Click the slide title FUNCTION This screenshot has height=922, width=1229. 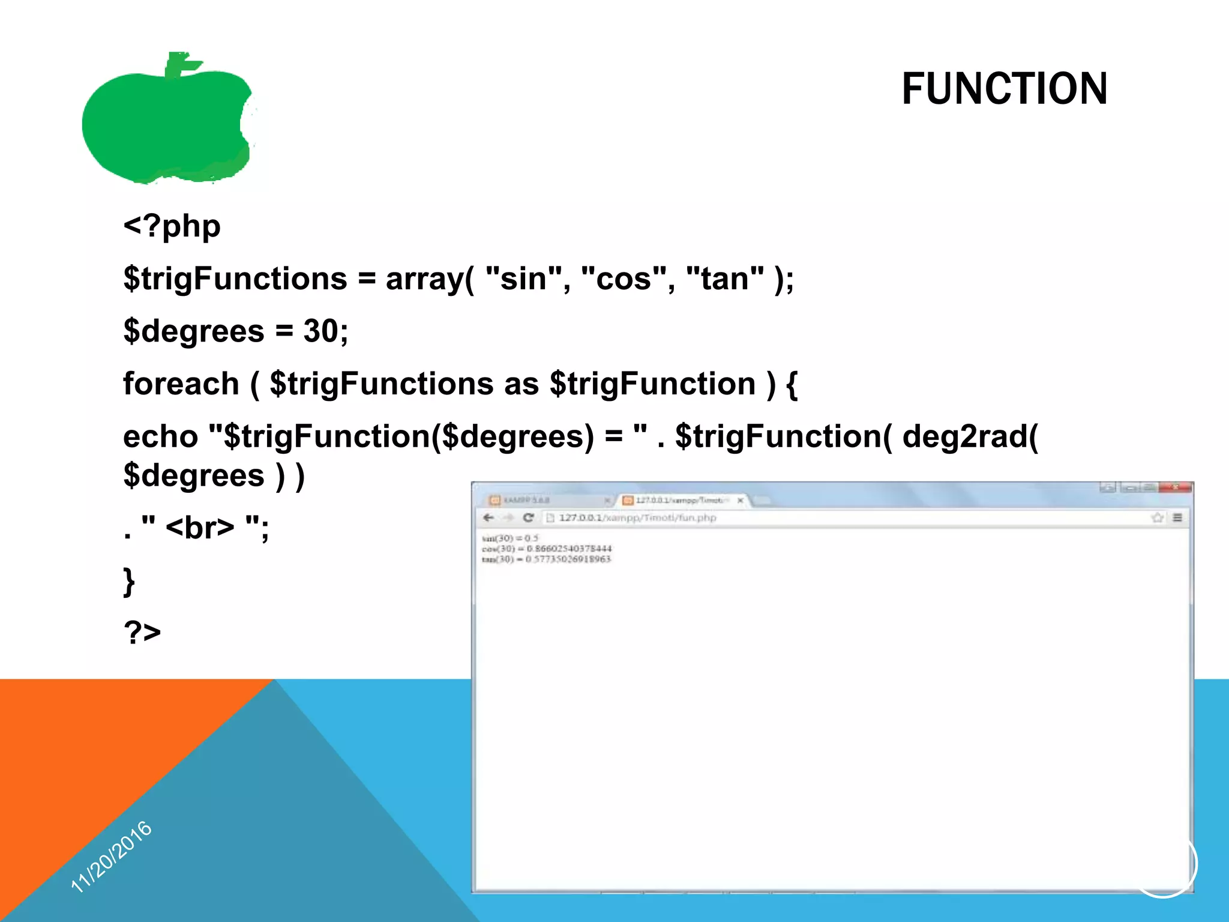[1004, 89]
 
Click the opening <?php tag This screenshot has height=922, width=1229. [172, 227]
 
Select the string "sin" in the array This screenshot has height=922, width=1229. [523, 279]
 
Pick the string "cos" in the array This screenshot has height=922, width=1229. [624, 279]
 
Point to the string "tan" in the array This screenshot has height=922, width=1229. [725, 279]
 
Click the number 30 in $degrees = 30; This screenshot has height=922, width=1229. [320, 331]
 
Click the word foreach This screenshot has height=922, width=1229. [181, 384]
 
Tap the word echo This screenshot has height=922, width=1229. [160, 436]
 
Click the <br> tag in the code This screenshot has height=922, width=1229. [200, 528]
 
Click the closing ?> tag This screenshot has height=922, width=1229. [142, 632]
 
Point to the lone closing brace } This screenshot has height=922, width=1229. [129, 581]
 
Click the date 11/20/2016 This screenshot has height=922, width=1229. [112, 856]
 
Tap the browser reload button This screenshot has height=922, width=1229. [528, 517]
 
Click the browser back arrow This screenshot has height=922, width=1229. [488, 517]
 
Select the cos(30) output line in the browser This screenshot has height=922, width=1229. [546, 549]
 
